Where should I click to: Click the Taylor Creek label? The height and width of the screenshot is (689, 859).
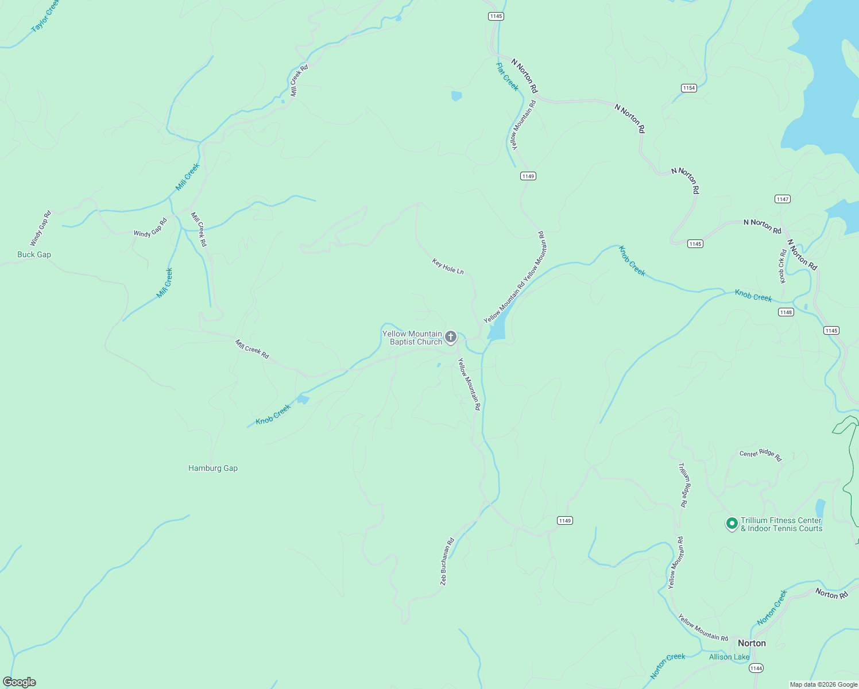pyautogui.click(x=45, y=16)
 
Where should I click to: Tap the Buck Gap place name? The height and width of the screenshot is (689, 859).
pyautogui.click(x=34, y=254)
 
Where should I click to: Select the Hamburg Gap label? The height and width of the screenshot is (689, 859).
pyautogui.click(x=212, y=468)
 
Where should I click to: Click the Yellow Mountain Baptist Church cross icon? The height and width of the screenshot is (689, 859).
pyautogui.click(x=451, y=337)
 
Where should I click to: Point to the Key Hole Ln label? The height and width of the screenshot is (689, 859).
pyautogui.click(x=448, y=266)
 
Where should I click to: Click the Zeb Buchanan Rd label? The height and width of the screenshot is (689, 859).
pyautogui.click(x=447, y=562)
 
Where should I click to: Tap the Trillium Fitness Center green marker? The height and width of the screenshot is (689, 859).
pyautogui.click(x=732, y=523)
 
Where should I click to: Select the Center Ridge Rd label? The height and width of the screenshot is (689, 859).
pyautogui.click(x=760, y=455)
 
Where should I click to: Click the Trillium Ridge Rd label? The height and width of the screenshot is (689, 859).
pyautogui.click(x=683, y=485)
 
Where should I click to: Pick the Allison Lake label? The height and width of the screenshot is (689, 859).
pyautogui.click(x=729, y=657)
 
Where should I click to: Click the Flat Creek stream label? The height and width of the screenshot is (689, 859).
pyautogui.click(x=507, y=76)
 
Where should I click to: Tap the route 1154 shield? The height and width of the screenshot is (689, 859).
pyautogui.click(x=689, y=88)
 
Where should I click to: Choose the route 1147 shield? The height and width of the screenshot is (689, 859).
pyautogui.click(x=782, y=199)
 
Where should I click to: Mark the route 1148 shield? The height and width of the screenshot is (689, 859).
pyautogui.click(x=786, y=312)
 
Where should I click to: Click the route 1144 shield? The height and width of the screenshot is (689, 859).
pyautogui.click(x=756, y=668)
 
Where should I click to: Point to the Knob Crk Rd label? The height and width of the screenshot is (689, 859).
pyautogui.click(x=783, y=266)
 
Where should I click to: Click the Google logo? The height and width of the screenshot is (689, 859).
pyautogui.click(x=20, y=682)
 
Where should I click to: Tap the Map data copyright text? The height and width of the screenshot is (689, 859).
pyautogui.click(x=823, y=684)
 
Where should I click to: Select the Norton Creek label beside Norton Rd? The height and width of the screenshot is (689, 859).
pyautogui.click(x=772, y=607)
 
